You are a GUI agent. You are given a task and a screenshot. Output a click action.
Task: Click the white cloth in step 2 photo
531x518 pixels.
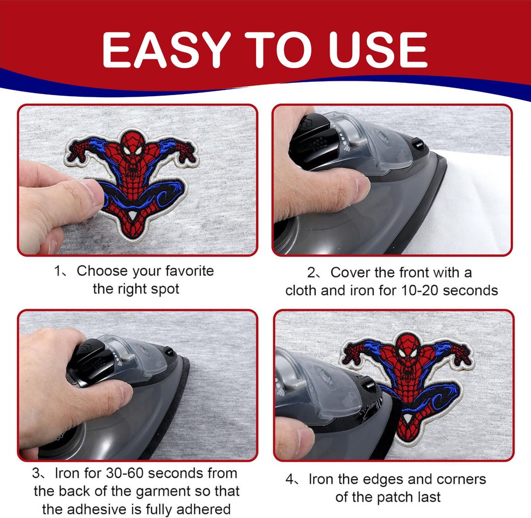473,207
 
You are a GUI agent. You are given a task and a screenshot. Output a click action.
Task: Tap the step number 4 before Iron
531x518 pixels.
290,480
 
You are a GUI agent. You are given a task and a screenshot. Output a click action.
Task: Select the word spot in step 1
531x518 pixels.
166,289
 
